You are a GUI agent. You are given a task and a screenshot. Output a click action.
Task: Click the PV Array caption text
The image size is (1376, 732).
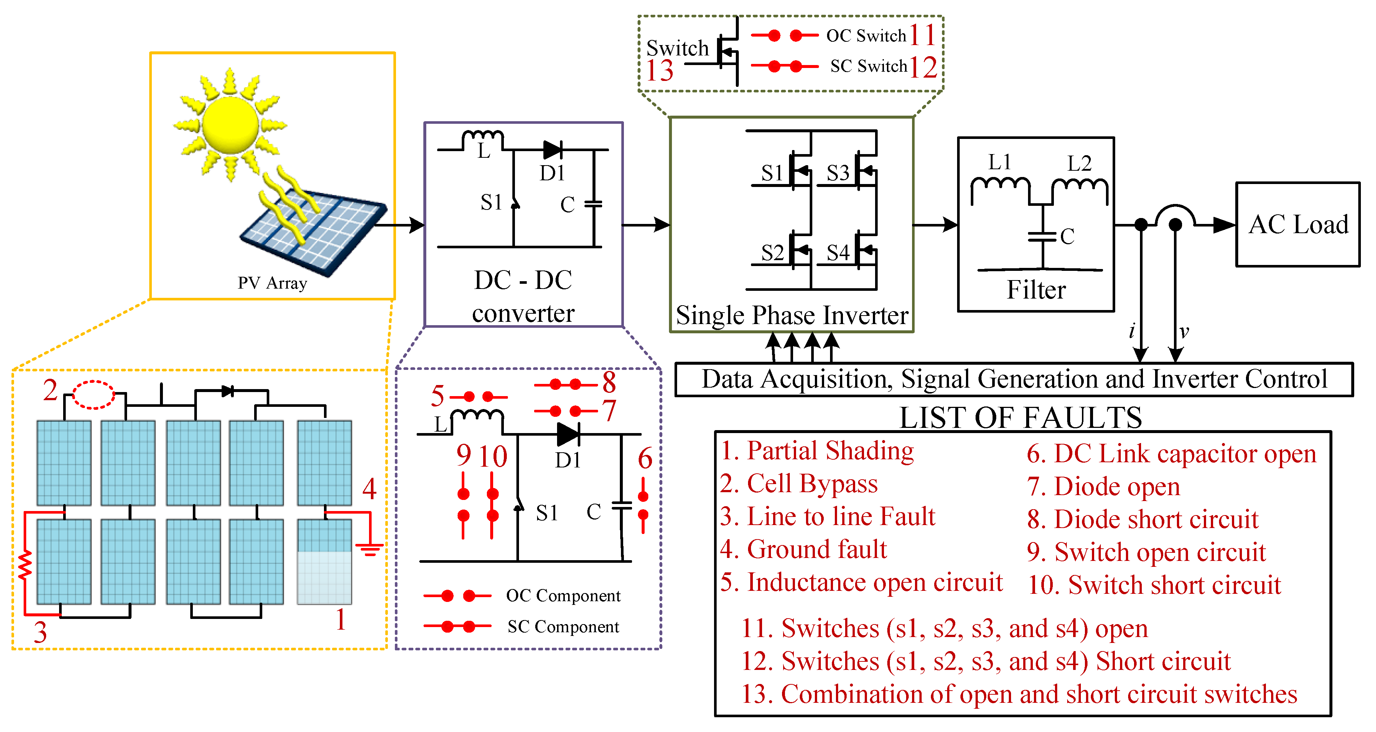[272, 283]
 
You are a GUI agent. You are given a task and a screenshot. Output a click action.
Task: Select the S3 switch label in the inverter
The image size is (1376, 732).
[837, 173]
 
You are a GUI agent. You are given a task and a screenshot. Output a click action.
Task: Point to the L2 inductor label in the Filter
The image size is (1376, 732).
[1079, 163]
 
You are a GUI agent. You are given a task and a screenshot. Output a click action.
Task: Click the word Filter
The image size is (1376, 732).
[1036, 290]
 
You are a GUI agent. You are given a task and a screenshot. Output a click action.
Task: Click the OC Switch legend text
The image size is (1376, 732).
[866, 36]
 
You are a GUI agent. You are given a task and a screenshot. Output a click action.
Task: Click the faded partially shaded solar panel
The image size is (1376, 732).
[324, 577]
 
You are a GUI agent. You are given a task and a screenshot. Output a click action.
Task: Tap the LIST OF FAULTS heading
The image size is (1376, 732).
[1020, 417]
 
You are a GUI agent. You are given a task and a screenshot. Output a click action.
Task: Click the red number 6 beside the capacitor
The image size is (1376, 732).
[645, 459]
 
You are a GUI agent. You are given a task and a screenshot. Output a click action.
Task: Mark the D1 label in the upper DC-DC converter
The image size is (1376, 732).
[552, 173]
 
